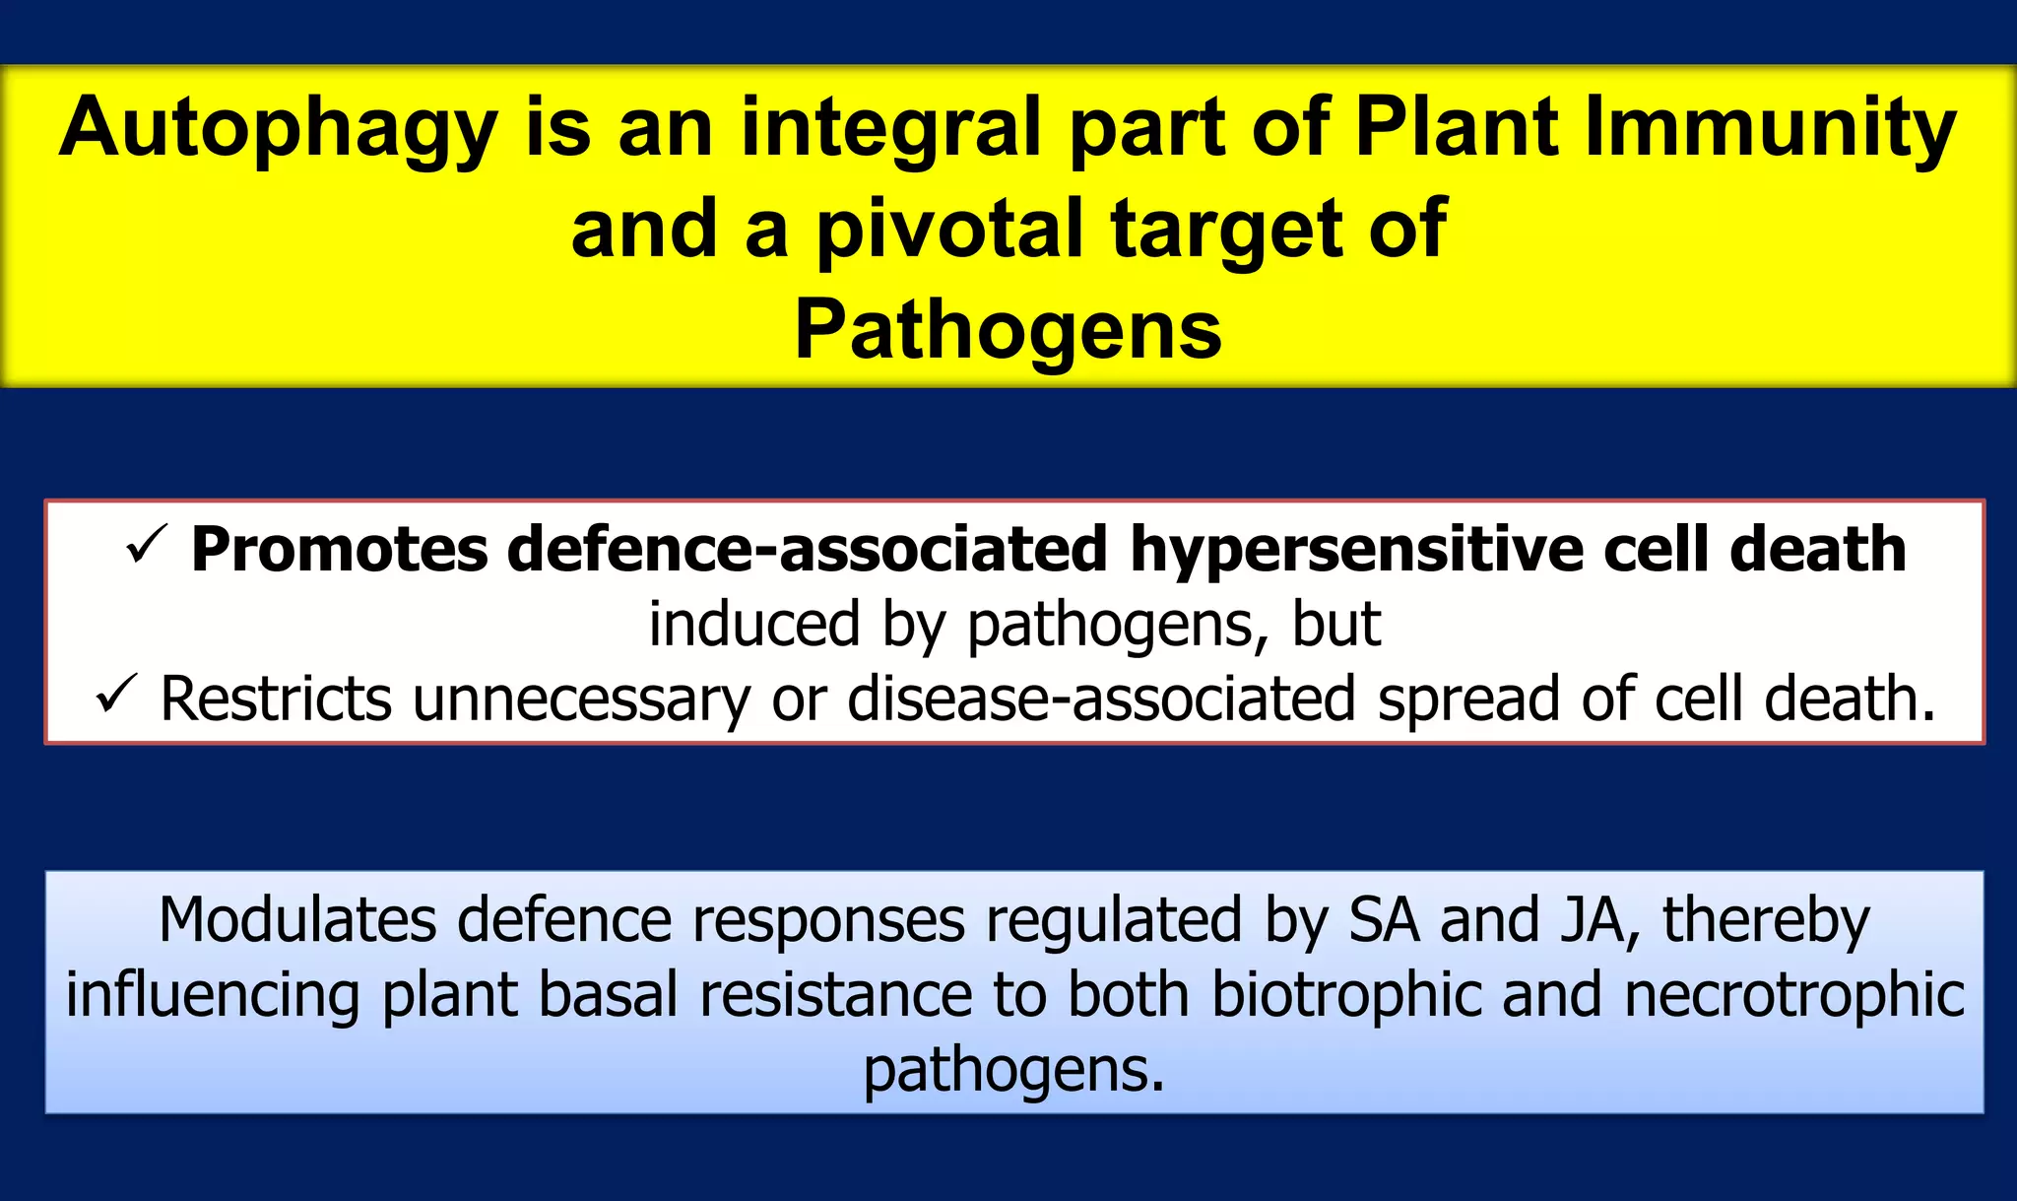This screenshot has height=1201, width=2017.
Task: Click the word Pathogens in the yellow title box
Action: pyautogui.click(x=1008, y=331)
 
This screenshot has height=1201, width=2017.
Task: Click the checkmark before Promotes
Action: pyautogui.click(x=147, y=546)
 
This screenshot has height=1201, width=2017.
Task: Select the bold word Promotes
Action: pyautogui.click(x=339, y=550)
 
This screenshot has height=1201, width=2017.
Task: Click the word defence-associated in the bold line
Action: pyautogui.click(x=808, y=550)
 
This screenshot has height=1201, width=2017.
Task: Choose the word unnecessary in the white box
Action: pyautogui.click(x=581, y=700)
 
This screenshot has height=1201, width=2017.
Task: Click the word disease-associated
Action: pyautogui.click(x=1101, y=700)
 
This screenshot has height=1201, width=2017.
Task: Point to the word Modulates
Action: pyautogui.click(x=297, y=920)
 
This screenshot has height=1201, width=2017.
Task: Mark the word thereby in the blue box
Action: pyautogui.click(x=1766, y=920)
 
